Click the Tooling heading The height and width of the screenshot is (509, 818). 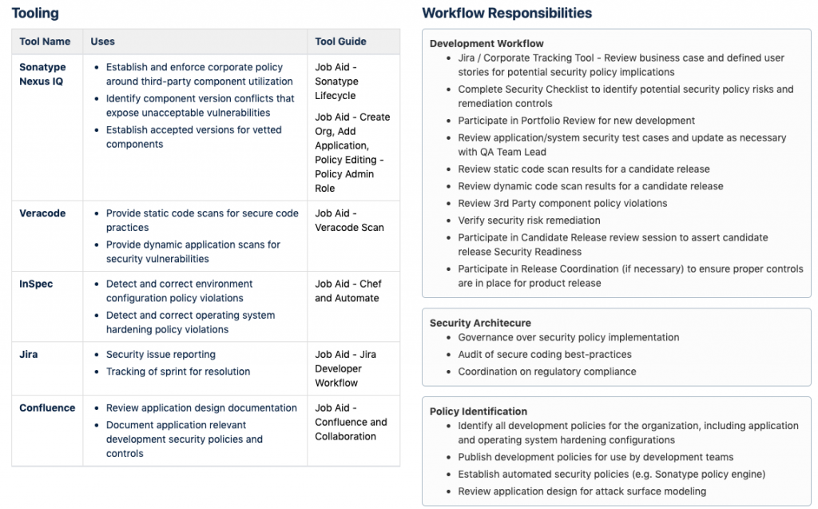click(35, 14)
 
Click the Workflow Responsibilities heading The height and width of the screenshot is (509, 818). click(506, 14)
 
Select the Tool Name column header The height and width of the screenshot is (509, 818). click(45, 42)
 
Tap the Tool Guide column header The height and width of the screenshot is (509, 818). click(340, 42)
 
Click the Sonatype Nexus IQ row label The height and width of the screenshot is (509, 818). click(42, 74)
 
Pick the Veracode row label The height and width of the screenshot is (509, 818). click(42, 213)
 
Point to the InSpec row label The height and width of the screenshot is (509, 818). click(36, 284)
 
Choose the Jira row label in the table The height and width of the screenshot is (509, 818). click(29, 354)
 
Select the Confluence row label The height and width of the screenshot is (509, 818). click(47, 408)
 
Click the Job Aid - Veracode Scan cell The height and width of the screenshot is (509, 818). click(349, 221)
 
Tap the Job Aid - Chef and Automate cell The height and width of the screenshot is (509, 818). click(348, 291)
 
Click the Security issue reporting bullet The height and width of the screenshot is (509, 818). click(161, 354)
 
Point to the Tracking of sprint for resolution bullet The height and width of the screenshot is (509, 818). click(178, 372)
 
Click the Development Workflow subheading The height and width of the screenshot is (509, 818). click(486, 43)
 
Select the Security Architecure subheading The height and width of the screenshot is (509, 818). click(480, 323)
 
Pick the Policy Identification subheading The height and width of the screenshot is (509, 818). click(478, 411)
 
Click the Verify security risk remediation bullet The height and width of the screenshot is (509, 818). click(529, 220)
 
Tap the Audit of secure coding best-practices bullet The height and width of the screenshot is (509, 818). click(544, 354)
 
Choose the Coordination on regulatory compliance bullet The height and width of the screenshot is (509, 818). click(546, 372)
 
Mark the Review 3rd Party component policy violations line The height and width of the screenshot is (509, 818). click(562, 203)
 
